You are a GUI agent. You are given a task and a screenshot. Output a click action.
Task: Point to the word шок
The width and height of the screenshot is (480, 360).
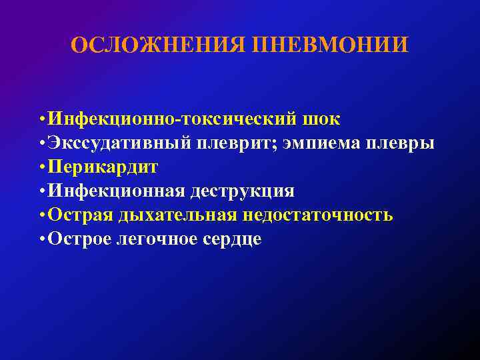(322, 119)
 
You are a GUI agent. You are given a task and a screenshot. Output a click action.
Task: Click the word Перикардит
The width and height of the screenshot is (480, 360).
(102, 167)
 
